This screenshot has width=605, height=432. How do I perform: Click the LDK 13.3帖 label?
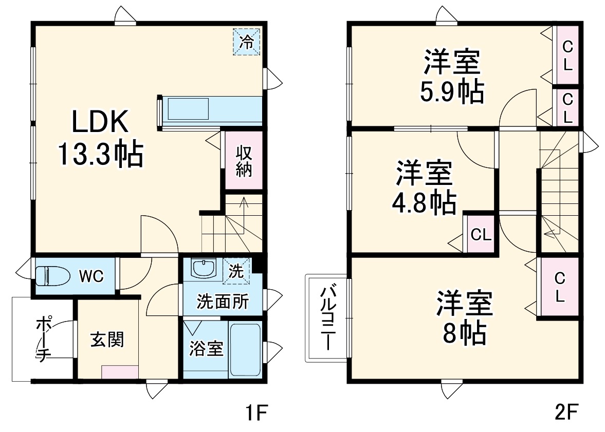click(x=100, y=139)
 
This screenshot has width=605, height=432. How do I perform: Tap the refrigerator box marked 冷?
click(x=248, y=41)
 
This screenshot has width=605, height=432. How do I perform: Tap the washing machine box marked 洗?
click(x=236, y=271)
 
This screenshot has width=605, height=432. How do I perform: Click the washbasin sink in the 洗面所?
click(x=204, y=268)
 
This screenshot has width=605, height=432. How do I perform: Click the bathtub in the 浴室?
click(x=245, y=350)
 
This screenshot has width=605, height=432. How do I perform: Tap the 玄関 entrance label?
click(x=107, y=340)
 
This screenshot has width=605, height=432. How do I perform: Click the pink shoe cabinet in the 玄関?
click(x=120, y=372)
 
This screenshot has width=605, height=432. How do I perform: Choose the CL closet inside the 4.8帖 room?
click(x=482, y=235)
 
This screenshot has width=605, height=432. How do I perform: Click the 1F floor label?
click(x=255, y=412)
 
